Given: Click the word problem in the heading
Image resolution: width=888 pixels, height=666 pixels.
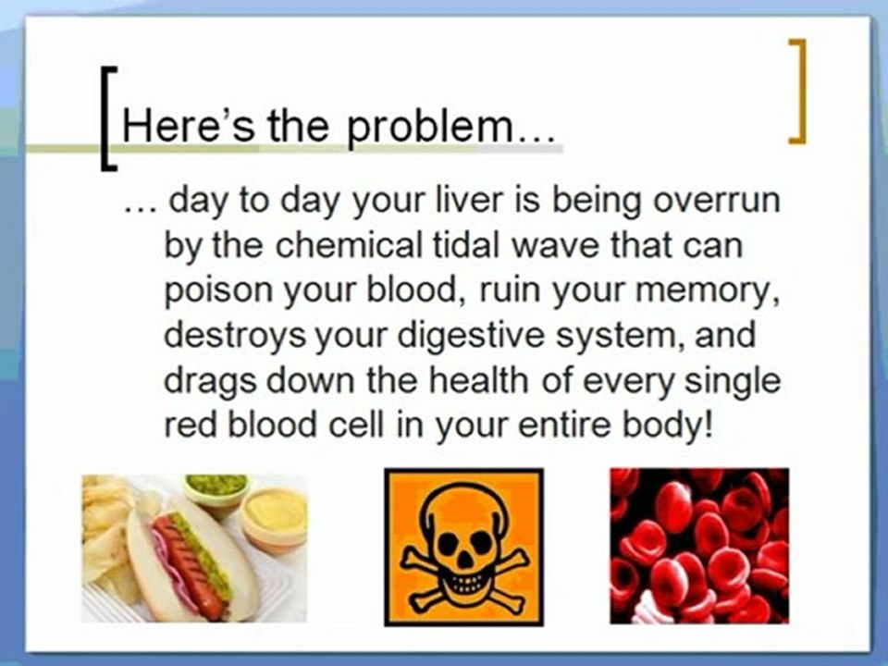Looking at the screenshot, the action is [429, 128].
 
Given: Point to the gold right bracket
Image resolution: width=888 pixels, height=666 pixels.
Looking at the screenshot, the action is [796, 92].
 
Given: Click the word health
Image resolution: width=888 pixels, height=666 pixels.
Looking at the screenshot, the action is [479, 380].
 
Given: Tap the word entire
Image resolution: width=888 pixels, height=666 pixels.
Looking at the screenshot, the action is [564, 425].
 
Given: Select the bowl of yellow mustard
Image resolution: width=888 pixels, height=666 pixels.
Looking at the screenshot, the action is [275, 520].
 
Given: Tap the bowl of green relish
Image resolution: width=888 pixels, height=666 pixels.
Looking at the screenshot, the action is [216, 490].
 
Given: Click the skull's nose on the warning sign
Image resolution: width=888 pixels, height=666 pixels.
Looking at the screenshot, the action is [464, 561].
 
